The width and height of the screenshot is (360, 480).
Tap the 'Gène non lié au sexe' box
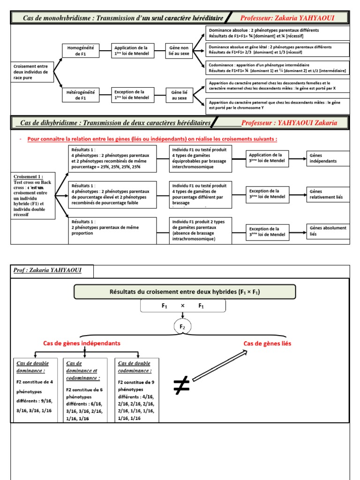179,51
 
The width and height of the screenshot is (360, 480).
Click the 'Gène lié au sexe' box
179,95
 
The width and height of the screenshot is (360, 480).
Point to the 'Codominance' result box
277,68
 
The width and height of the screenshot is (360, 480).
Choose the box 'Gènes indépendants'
328,158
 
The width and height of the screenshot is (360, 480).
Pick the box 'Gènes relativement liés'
328,194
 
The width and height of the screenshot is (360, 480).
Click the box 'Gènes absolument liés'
328,231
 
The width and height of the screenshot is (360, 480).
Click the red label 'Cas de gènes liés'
267,344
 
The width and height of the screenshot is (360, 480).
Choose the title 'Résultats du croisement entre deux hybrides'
185,292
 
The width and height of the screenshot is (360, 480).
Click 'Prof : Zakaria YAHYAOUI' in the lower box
51,271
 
